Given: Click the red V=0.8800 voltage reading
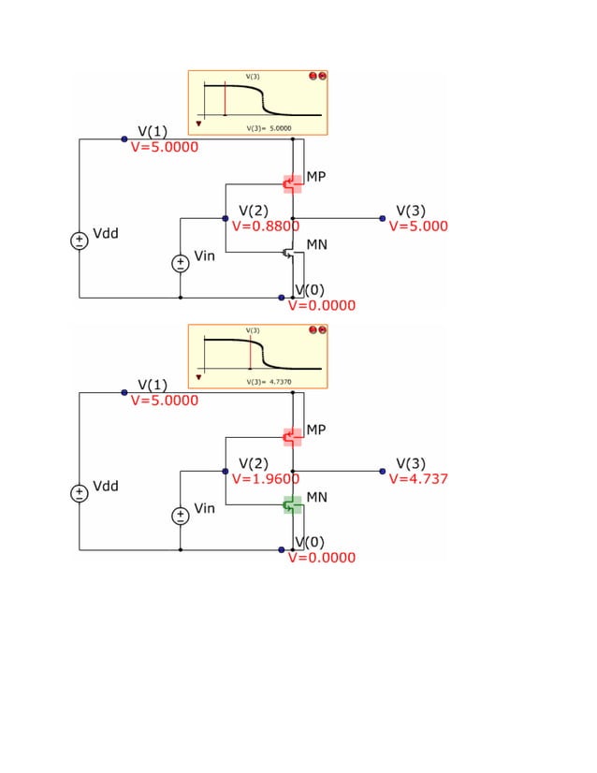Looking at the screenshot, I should coord(265,226).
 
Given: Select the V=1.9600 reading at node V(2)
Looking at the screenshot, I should coord(265,479).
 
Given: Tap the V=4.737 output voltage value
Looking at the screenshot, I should coord(418,479).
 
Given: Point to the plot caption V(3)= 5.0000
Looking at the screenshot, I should coord(269,127).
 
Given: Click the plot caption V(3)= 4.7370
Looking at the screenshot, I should coord(269,382).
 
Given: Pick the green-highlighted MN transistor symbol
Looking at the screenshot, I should coord(293,506).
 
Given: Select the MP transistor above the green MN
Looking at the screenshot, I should coord(293,437).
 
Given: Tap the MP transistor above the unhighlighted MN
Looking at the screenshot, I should coord(293,183).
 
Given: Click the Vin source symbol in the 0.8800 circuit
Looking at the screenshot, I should coord(180,263).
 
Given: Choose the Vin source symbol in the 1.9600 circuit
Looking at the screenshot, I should coord(180,516).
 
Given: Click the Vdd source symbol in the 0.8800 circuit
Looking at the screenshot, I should coord(80,241).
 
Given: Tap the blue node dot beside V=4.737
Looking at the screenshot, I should coord(383,471).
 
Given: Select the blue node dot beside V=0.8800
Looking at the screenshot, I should coord(226,218).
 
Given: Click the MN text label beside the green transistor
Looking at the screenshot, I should coord(316,497).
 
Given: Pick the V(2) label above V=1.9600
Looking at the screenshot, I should coord(254,463).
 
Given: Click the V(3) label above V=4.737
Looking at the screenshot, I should coord(411,463).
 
